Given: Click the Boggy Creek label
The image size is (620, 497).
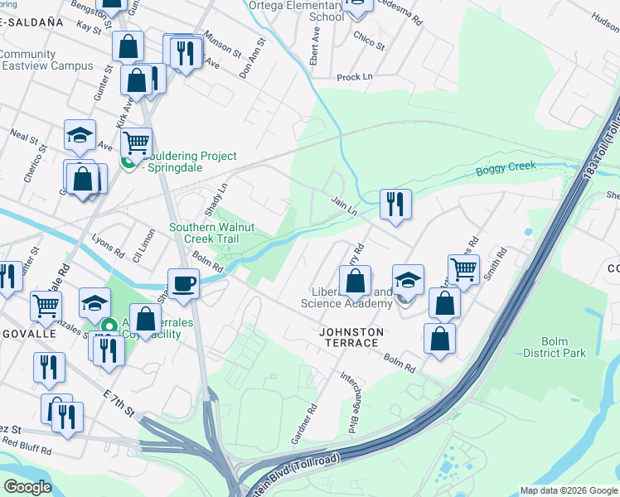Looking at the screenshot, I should tap(506, 169).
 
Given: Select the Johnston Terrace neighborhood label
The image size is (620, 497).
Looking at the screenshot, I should tap(351, 332).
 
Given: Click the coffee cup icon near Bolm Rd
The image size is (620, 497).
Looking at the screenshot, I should tap(183, 283).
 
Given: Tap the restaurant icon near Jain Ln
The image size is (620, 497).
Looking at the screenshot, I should tap(395, 204).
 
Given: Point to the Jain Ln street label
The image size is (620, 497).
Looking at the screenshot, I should tap(343, 206).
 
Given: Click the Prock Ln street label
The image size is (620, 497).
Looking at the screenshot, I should tap(354, 77).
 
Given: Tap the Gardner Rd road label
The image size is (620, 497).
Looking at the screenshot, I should tap(307, 422).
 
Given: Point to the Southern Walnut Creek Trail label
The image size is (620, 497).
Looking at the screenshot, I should tap(215, 233).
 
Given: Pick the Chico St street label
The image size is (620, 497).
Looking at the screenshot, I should tap(369, 41).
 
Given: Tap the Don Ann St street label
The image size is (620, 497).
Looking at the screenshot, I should tap(253, 58).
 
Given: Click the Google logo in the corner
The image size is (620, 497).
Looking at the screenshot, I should tap(27, 487).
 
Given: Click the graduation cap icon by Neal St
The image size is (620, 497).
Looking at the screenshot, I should tap(80, 135).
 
